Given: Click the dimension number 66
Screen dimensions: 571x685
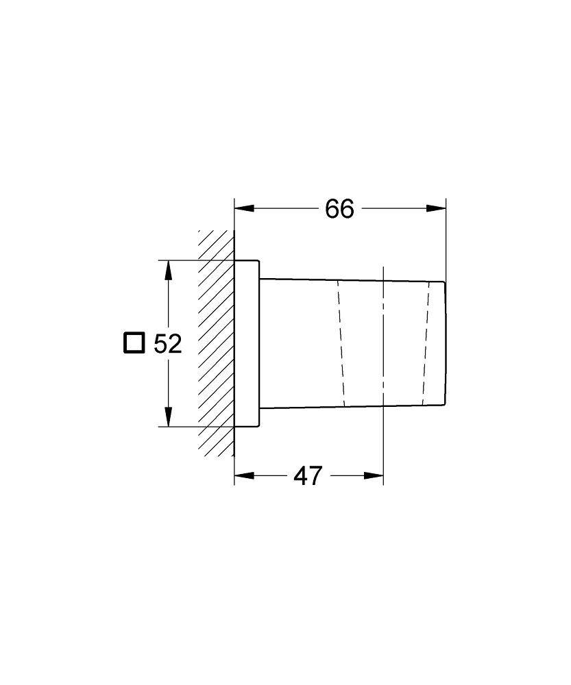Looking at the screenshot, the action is [339, 209].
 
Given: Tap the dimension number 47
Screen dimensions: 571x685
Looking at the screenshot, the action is [308, 476].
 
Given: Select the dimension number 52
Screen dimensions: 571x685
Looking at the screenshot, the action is [167, 344].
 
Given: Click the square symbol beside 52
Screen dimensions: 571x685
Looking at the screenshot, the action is [134, 343].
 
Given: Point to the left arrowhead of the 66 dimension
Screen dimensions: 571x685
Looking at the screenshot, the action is [245, 209].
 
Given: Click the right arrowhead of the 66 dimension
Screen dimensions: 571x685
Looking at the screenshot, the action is [437, 209].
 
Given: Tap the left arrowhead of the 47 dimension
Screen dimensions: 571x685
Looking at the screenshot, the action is [245, 476].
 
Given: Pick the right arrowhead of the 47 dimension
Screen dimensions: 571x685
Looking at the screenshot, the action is [374, 476].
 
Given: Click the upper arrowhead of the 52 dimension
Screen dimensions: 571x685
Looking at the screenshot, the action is [168, 271].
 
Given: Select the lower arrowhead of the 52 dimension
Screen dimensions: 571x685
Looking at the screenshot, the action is [168, 416].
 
